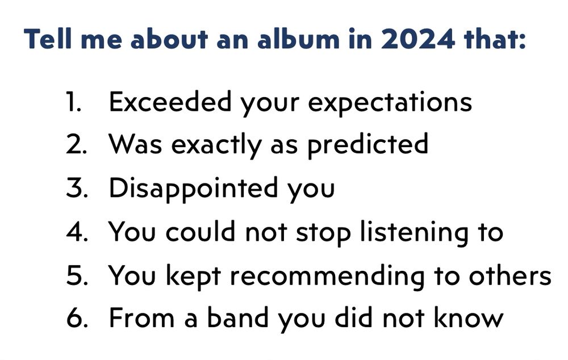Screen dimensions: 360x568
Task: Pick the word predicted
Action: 367,145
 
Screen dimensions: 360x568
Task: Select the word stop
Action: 322,232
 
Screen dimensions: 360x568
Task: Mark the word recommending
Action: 327,275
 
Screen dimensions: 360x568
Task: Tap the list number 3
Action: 75,189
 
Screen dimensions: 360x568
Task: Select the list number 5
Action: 75,275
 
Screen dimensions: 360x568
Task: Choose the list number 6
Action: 76,318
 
